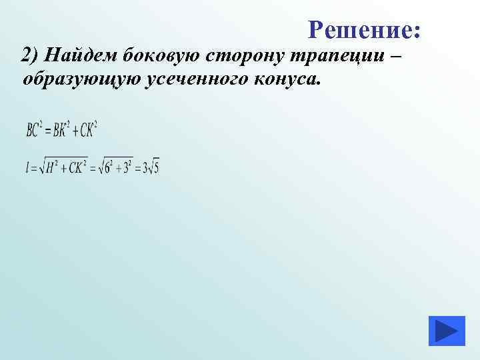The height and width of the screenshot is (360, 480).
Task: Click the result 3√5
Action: click(x=151, y=168)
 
